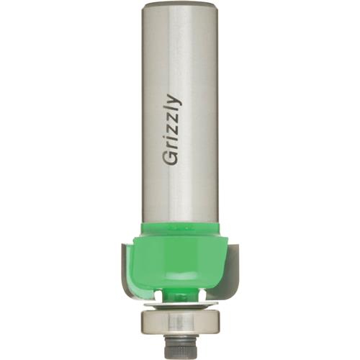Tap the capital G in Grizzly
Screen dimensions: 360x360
coord(172,158)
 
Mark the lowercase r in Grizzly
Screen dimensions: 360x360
coord(174,145)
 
